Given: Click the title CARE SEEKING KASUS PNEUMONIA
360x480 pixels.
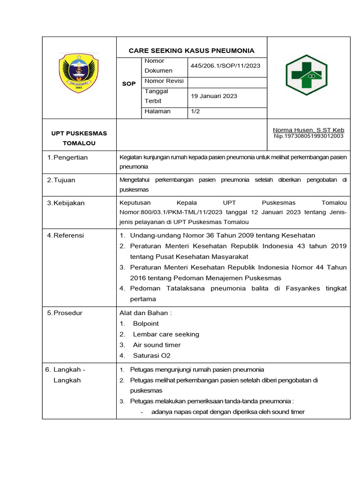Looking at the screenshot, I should click(192, 51).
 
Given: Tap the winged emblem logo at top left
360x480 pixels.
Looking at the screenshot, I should click(79, 73).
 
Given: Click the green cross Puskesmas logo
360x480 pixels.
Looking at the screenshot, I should click(307, 75).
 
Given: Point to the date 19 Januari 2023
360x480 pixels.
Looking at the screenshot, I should click(214, 96).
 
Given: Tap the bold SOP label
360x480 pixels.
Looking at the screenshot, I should click(129, 83).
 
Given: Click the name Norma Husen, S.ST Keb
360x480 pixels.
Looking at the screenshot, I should click(308, 130).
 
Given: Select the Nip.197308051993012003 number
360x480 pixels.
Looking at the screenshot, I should click(308, 136).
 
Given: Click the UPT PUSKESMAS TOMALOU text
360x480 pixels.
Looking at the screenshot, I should click(79, 138).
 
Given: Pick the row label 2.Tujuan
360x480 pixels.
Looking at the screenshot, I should click(61, 180).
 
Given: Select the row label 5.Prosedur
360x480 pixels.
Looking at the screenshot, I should click(65, 313).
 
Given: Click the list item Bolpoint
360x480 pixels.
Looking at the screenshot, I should click(146, 323).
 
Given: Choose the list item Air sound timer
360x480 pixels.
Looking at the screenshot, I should click(157, 345).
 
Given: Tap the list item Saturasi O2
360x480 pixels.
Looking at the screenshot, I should click(151, 356).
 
